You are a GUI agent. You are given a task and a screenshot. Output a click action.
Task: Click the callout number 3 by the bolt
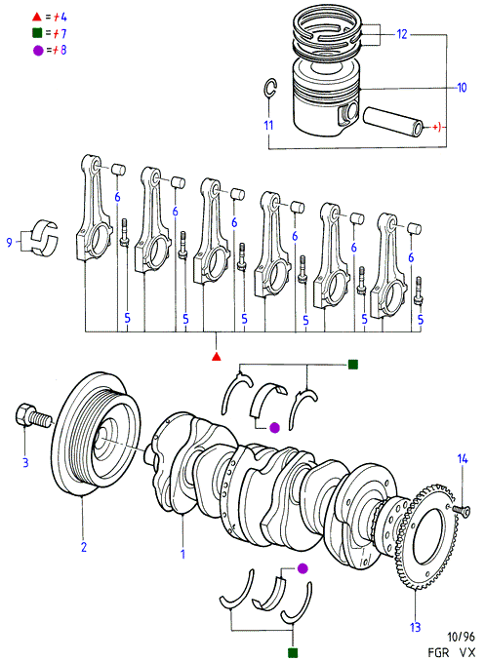(25, 462)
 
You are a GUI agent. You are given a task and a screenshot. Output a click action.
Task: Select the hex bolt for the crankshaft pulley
(34, 417)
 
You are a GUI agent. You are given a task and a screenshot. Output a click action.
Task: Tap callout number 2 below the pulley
(84, 547)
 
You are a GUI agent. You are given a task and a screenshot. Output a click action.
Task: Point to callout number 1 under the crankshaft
(182, 554)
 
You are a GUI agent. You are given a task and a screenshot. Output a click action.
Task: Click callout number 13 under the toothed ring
(416, 627)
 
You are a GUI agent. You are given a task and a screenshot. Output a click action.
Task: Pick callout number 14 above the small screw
(463, 458)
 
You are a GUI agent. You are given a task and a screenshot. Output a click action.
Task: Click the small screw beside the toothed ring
(461, 509)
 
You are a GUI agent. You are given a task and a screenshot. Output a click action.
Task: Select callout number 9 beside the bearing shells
(10, 243)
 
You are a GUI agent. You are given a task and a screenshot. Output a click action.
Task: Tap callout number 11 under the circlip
(269, 125)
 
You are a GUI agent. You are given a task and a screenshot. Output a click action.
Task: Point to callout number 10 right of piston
(462, 88)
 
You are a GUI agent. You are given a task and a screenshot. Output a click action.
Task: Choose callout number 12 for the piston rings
(402, 34)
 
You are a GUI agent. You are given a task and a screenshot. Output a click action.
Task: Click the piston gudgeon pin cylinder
(392, 121)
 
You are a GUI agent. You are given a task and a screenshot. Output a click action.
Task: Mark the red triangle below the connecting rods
(216, 357)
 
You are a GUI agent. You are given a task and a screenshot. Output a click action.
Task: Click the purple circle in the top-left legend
(38, 51)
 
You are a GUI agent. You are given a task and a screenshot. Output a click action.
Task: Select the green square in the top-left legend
(37, 32)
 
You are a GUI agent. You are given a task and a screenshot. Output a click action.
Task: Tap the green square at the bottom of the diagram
(293, 652)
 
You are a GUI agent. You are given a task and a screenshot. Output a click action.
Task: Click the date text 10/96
(461, 637)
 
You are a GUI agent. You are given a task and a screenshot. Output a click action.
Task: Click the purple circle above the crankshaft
(274, 428)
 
